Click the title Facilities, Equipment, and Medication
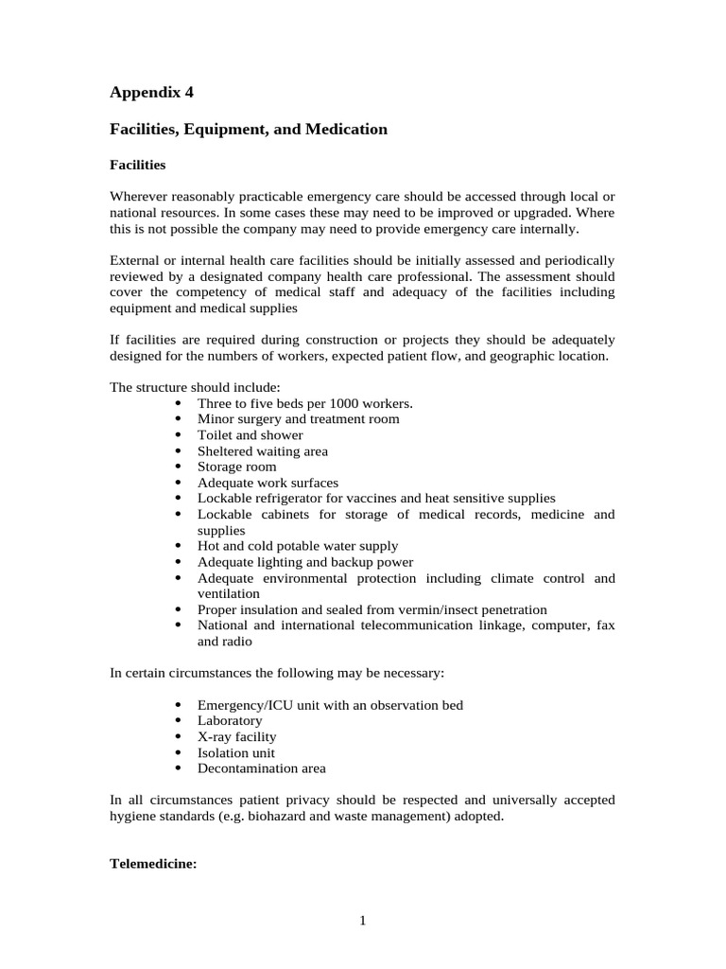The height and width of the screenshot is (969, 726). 249,129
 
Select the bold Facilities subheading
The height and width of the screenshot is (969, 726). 138,165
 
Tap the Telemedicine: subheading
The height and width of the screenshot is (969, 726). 153,864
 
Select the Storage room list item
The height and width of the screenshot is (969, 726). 236,467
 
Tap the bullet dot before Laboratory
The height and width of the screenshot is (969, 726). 180,721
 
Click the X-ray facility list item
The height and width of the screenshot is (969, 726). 236,736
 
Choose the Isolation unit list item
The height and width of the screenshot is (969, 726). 235,752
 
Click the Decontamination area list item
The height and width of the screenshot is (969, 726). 261,768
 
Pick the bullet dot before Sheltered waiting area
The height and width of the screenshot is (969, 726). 180,451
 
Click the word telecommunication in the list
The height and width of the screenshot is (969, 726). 411,625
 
